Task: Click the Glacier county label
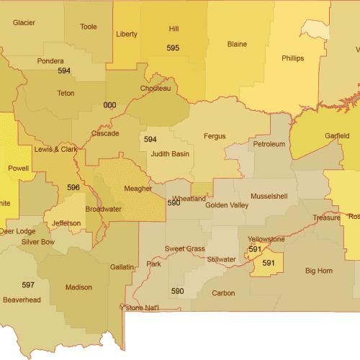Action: (x=24, y=22)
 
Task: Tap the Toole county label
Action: (x=89, y=27)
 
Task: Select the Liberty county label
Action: (x=127, y=34)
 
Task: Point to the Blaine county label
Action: (x=237, y=44)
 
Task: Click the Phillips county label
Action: (x=292, y=58)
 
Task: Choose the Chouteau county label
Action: (x=156, y=89)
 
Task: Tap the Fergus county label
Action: (x=215, y=136)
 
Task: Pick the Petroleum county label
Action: (x=269, y=145)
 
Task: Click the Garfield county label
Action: (x=337, y=135)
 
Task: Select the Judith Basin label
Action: (x=170, y=153)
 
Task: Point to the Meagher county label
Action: (x=138, y=189)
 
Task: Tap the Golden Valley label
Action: (x=227, y=205)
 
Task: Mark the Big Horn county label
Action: (x=319, y=271)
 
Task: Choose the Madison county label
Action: (x=78, y=287)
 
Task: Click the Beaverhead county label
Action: (x=22, y=299)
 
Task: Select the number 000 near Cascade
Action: (x=109, y=105)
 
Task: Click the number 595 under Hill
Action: (x=173, y=48)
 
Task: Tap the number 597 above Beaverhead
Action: (x=28, y=285)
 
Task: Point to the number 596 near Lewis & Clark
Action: (x=73, y=187)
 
